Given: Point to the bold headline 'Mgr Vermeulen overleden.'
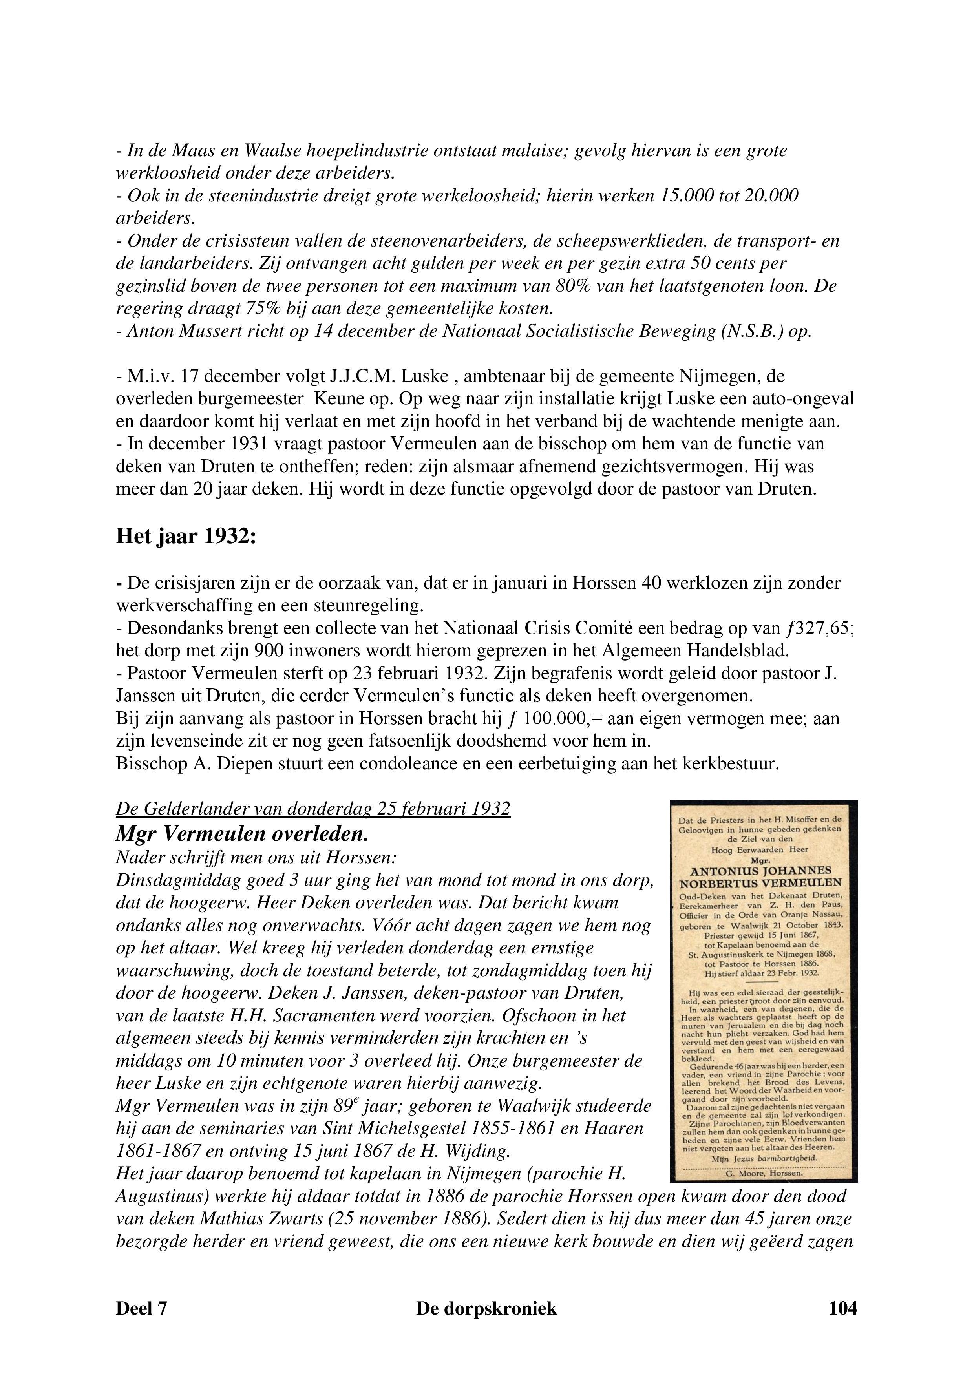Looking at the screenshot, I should click(242, 834).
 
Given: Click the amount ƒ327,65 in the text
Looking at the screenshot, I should click(819, 628).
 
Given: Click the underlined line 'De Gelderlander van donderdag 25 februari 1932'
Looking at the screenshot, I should click(312, 809).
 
